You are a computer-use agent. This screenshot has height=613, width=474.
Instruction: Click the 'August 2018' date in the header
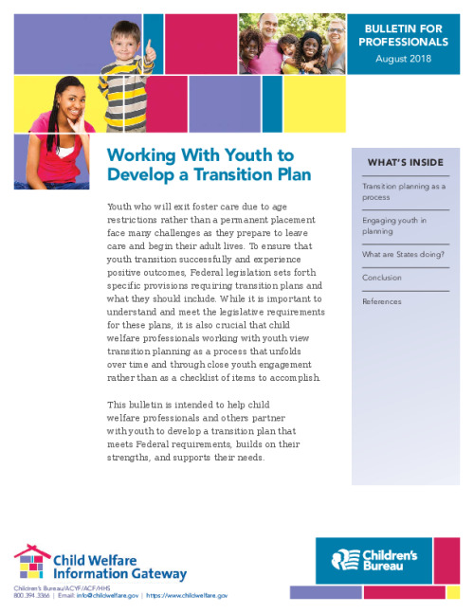(403, 59)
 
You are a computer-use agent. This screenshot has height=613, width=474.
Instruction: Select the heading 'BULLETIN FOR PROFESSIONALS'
(403, 36)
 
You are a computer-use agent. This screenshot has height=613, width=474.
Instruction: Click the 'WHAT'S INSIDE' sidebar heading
(405, 162)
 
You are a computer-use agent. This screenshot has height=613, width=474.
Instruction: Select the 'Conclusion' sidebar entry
(382, 278)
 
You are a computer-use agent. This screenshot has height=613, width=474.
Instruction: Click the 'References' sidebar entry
(382, 301)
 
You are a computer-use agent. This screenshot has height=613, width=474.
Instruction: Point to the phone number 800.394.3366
(31, 595)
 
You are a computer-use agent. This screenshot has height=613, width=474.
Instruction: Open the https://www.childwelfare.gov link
(186, 595)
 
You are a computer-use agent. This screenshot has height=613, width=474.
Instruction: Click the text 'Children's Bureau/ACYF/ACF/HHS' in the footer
(55, 587)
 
